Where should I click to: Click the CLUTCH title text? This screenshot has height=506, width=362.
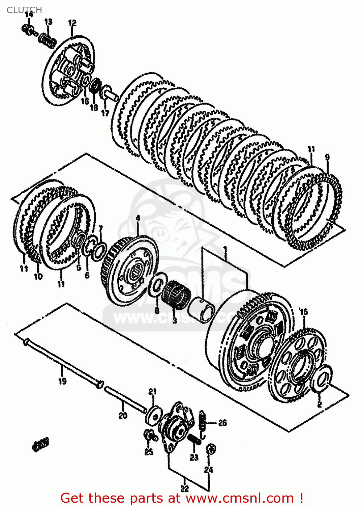[x=24, y=10]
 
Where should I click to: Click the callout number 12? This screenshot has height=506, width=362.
[x=72, y=23]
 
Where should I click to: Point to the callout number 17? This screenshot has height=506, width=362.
[x=105, y=113]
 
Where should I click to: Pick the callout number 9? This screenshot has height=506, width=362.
[x=327, y=158]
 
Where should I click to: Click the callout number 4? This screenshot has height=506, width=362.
[x=138, y=218]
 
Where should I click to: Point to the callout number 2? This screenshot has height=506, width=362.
[x=320, y=404]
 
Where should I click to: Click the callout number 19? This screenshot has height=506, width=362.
[x=62, y=381]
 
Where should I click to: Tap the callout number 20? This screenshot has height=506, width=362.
[x=123, y=415]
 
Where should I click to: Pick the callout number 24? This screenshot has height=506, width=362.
[x=209, y=470]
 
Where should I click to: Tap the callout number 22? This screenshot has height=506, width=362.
[x=185, y=488]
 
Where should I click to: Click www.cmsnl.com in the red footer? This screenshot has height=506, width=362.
[x=240, y=498]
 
